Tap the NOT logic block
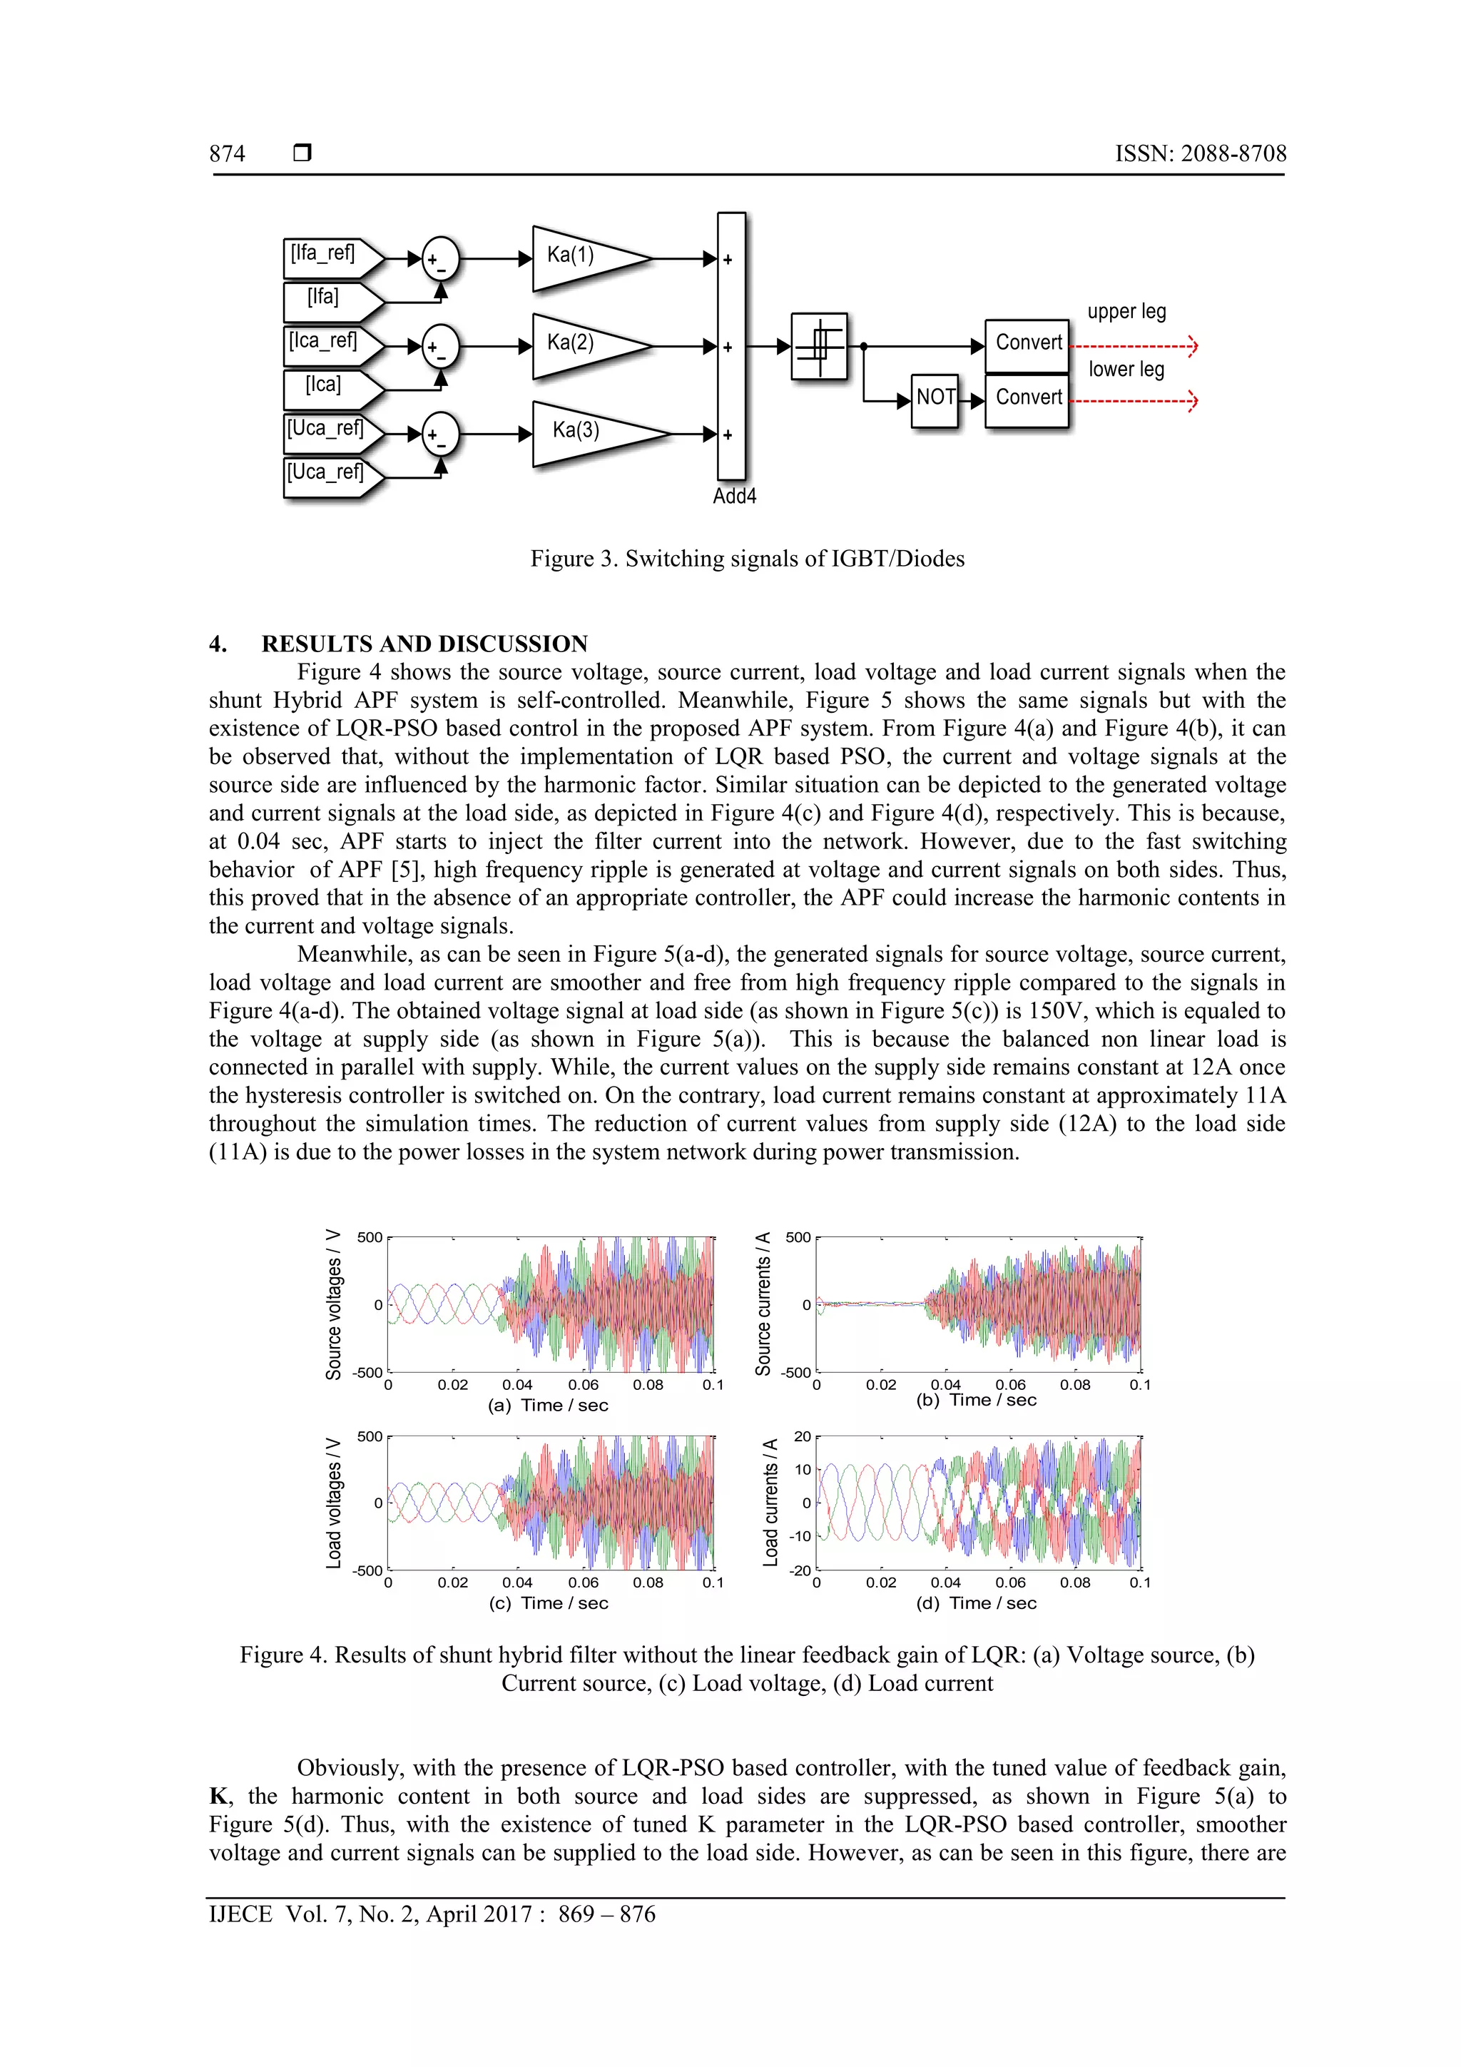[x=935, y=399]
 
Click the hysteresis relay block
[x=819, y=347]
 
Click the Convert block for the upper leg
[x=1027, y=344]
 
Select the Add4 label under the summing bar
[x=733, y=497]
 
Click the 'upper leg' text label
[x=1126, y=313]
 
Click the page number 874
[x=227, y=154]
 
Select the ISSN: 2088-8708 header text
[x=1200, y=154]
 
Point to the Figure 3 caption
[x=747, y=559]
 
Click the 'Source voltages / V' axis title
[x=333, y=1304]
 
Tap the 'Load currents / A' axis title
[x=770, y=1502]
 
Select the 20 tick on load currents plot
[x=802, y=1437]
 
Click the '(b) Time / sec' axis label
[x=976, y=1400]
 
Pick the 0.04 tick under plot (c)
[x=518, y=1583]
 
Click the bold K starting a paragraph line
[x=218, y=1797]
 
